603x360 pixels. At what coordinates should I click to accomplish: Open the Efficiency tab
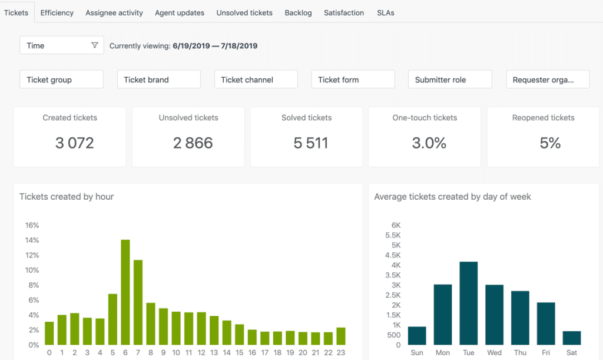[57, 12]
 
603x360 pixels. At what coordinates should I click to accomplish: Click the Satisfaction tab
[344, 12]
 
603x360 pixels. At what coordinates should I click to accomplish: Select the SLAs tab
[386, 12]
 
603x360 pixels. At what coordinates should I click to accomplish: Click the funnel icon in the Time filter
[95, 45]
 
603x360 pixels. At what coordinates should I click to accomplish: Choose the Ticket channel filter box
[256, 80]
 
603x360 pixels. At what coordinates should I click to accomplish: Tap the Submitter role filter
[450, 80]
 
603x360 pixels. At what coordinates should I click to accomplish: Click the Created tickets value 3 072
[74, 143]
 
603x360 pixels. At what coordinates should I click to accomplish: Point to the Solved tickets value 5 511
[311, 143]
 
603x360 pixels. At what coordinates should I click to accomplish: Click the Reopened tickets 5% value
[550, 143]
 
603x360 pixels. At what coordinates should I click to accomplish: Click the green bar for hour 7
[138, 302]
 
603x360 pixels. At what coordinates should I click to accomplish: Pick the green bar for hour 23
[341, 336]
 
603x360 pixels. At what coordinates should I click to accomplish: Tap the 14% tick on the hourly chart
[32, 240]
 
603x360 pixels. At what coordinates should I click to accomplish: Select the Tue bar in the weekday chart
[468, 303]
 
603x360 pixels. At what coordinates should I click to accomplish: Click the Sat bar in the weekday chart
[572, 338]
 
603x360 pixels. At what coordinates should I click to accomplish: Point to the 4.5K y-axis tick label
[392, 255]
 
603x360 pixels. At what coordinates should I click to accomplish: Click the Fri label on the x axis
[546, 353]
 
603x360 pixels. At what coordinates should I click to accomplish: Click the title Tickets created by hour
[67, 196]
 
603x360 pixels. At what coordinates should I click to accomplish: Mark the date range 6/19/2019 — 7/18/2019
[214, 45]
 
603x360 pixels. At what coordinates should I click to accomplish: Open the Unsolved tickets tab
[244, 12]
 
